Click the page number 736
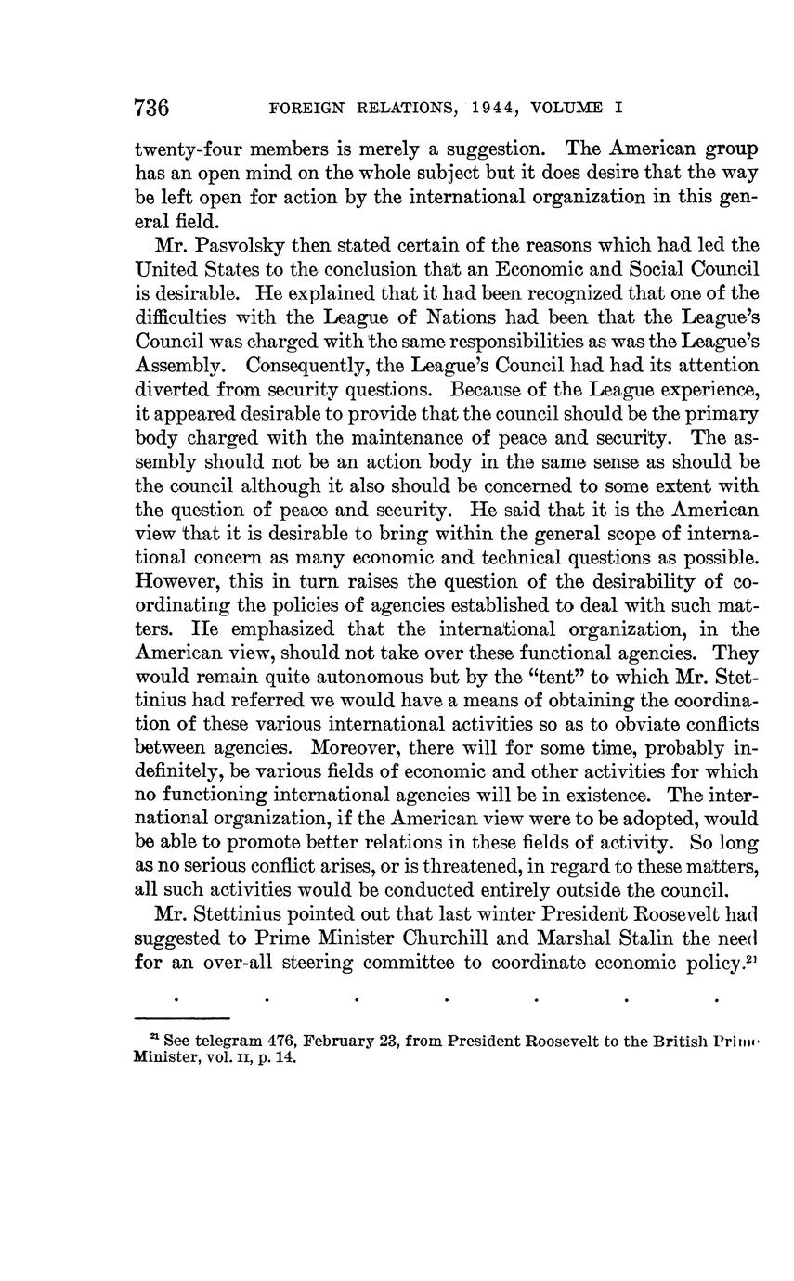(151, 108)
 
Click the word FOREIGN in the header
(301, 108)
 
